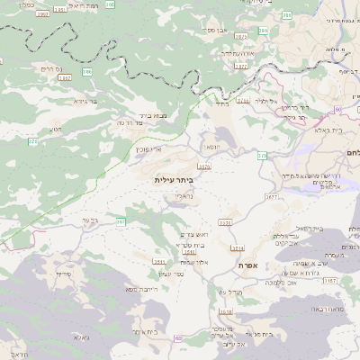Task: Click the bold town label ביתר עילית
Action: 174,180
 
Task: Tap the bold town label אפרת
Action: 249,267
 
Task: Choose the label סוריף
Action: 63,273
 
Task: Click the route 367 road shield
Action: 121,220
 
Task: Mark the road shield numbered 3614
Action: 238,247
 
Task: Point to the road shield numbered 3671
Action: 270,195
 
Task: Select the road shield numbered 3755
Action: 203,166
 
